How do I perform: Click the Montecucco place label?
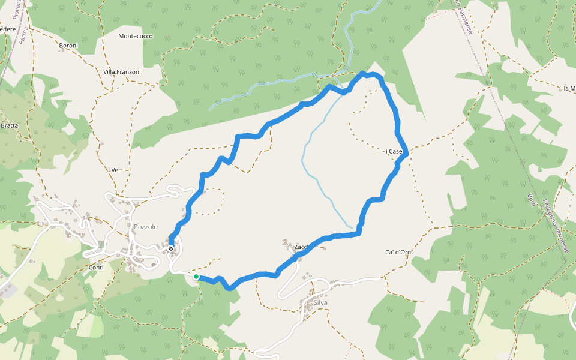tap(136, 36)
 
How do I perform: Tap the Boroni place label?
tap(68, 46)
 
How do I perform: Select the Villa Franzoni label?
tap(122, 72)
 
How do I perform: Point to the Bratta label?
tap(9, 125)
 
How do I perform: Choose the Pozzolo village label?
tap(146, 227)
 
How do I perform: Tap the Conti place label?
tap(96, 268)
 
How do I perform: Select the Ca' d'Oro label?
tap(397, 252)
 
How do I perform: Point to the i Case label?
tap(394, 152)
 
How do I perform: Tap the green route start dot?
tap(196, 277)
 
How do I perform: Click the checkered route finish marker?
tap(171, 248)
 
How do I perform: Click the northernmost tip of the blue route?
tap(362, 73)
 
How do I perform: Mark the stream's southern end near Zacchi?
tap(351, 227)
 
